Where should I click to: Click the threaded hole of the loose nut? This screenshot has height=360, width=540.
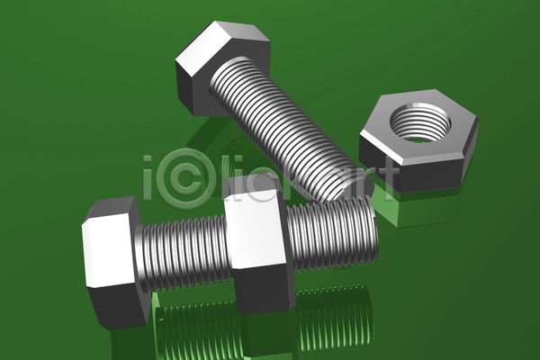click(x=420, y=122)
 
